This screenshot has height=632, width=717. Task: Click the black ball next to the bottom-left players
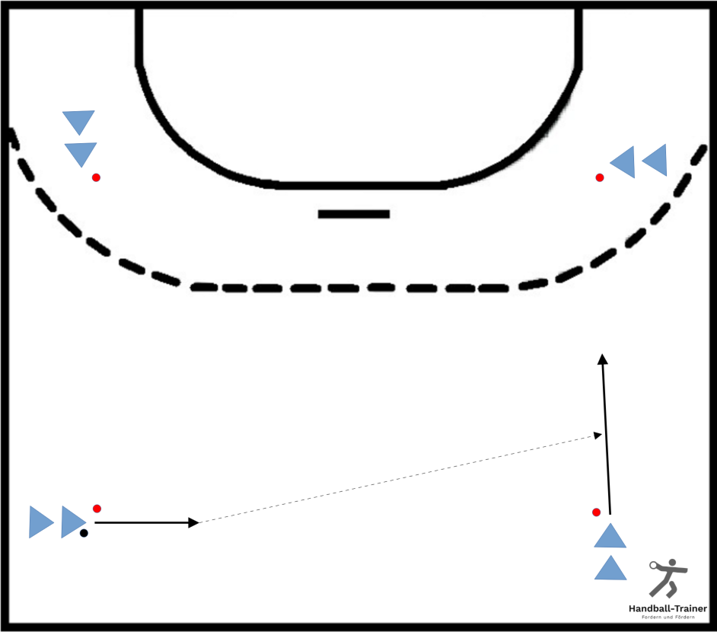(84, 533)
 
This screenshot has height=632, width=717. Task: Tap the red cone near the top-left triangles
(96, 177)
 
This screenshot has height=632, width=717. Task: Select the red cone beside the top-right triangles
(600, 177)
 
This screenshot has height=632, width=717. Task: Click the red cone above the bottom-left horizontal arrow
(97, 509)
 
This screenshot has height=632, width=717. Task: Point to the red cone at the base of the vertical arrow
(596, 512)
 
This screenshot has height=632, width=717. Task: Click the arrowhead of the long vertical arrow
(603, 359)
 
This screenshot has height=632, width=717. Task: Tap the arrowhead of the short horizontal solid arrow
(194, 522)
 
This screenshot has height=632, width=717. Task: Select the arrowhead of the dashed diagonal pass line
(597, 435)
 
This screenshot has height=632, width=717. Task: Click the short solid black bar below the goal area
(354, 214)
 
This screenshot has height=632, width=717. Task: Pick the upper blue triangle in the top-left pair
(78, 121)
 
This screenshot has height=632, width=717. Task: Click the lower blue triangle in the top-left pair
(81, 153)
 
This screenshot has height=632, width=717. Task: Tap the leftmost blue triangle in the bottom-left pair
(40, 522)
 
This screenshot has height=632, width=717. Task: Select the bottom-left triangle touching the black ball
(72, 522)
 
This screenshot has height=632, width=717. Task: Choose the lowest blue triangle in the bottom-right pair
(610, 570)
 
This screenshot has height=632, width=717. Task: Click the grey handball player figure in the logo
(668, 578)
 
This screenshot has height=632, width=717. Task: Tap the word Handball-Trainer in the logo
(668, 608)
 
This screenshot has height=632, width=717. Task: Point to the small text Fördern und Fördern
(668, 618)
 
